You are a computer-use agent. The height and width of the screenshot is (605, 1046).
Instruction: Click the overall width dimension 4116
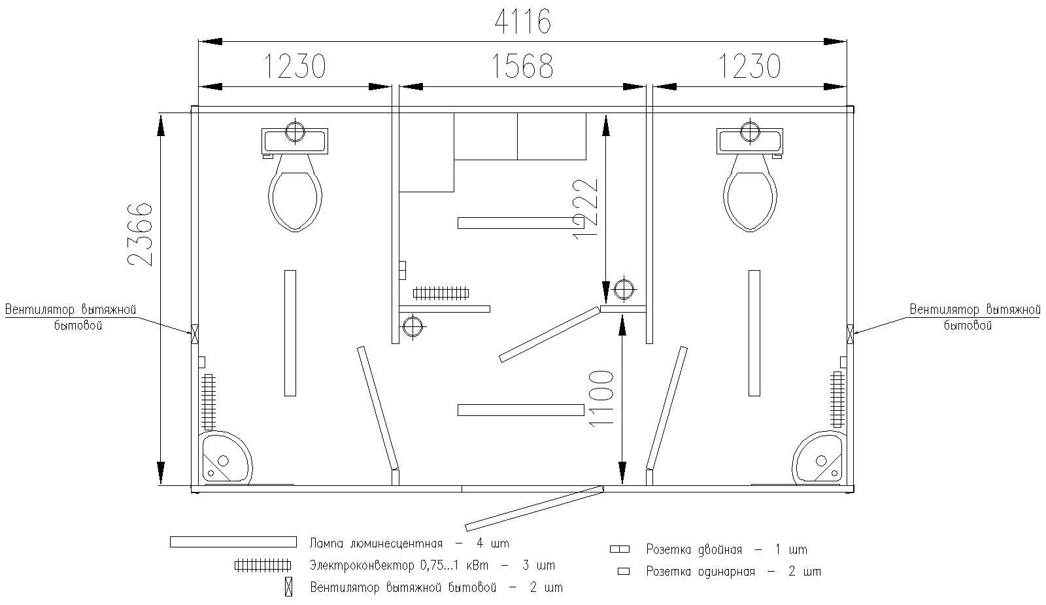[522, 22]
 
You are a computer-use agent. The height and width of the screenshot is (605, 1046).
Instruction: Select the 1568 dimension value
[522, 66]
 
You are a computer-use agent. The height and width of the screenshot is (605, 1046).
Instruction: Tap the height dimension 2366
[141, 234]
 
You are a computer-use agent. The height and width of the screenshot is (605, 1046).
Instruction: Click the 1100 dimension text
[601, 398]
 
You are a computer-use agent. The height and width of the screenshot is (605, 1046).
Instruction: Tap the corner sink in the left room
[224, 458]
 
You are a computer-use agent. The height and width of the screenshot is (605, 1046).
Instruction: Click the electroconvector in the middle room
[440, 292]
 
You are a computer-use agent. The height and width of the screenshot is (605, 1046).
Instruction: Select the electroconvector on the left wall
[209, 400]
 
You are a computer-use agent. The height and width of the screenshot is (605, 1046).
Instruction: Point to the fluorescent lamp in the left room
[290, 333]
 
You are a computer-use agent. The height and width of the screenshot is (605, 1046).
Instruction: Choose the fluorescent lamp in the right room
[754, 333]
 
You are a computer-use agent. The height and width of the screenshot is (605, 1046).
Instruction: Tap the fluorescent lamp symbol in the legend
[233, 542]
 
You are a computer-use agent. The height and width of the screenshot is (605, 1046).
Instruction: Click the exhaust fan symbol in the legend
[288, 587]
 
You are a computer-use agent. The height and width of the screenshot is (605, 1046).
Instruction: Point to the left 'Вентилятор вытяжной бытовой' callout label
[71, 317]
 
